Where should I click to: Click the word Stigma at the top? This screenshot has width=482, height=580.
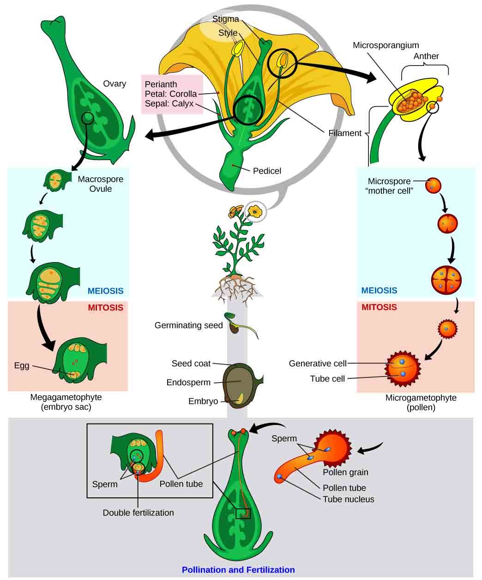[225, 19]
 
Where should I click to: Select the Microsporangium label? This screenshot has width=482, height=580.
[386, 45]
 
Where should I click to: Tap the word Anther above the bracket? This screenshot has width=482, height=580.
[426, 56]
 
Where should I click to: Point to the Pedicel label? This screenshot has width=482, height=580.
[267, 171]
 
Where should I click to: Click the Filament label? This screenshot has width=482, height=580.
[344, 133]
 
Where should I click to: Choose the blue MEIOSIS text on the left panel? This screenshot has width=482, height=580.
[105, 291]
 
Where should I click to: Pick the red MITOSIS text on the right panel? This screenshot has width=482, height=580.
[379, 307]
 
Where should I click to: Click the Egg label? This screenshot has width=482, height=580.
[22, 366]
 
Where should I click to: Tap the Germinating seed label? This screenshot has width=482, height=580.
[188, 326]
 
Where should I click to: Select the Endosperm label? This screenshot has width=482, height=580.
[188, 383]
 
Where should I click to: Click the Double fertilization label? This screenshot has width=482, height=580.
[138, 513]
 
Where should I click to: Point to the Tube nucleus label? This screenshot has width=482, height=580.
[348, 499]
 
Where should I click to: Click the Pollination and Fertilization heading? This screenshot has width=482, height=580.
[238, 570]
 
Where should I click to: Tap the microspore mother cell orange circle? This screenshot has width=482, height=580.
[433, 186]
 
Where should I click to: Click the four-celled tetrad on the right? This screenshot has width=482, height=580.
[446, 280]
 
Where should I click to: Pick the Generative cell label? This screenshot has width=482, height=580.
[317, 364]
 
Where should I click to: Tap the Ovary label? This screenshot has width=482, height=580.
[114, 84]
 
